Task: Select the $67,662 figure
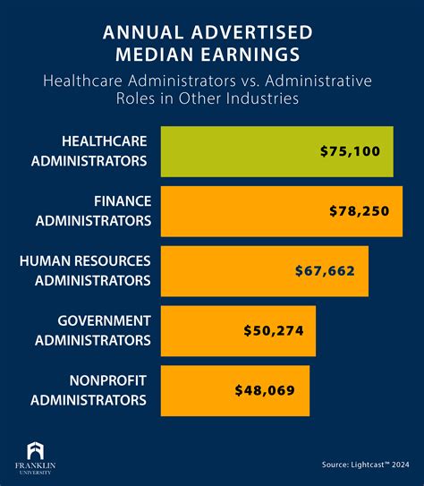[326, 270]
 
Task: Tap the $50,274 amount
[273, 330]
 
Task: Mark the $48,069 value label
[265, 390]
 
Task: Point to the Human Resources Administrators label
[85, 269]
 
